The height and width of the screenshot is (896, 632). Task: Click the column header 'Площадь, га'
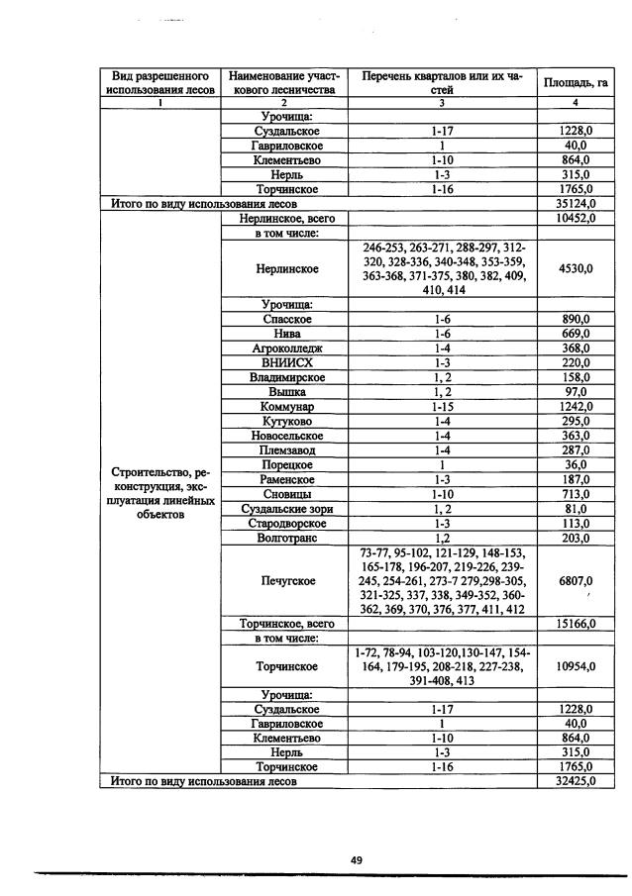point(575,82)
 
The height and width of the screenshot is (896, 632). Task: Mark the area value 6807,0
point(575,580)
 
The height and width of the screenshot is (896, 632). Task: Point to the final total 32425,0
point(575,781)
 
